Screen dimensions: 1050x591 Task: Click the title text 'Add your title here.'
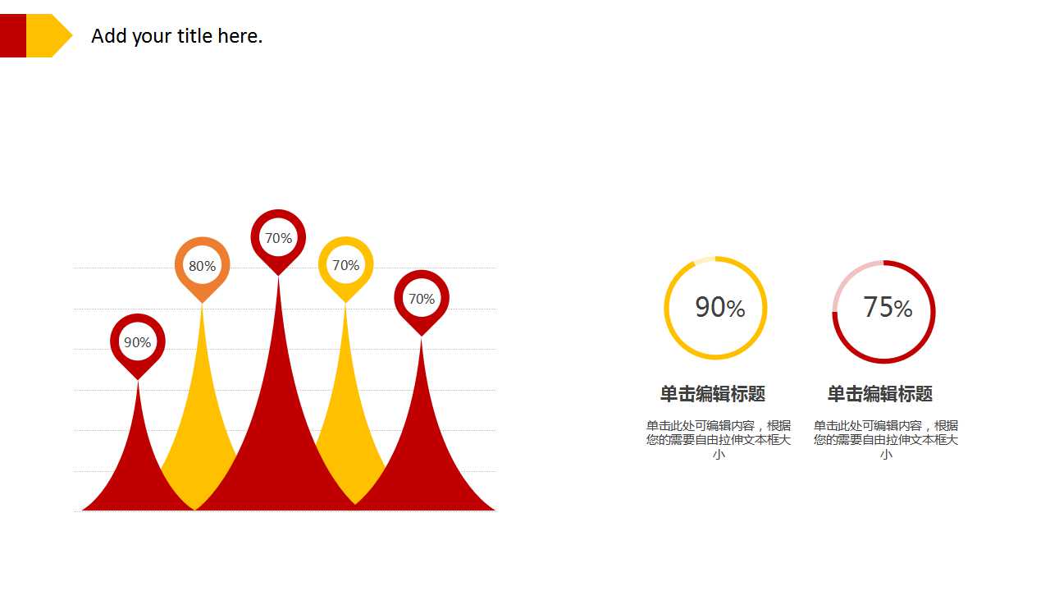click(176, 36)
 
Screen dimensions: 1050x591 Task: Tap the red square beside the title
click(12, 35)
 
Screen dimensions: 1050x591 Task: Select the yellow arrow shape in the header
click(48, 35)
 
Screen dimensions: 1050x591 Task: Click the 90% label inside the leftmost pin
click(137, 342)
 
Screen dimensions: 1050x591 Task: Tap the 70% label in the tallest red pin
click(278, 238)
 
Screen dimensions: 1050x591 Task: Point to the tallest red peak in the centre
click(278, 422)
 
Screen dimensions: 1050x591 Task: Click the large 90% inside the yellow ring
click(720, 308)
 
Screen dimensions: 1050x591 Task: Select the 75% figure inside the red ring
click(888, 308)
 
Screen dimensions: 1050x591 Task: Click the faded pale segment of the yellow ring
click(705, 260)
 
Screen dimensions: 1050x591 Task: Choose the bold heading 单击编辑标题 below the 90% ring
click(713, 394)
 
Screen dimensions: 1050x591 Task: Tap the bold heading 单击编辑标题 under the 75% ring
click(880, 394)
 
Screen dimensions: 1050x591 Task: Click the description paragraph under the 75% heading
click(886, 440)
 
